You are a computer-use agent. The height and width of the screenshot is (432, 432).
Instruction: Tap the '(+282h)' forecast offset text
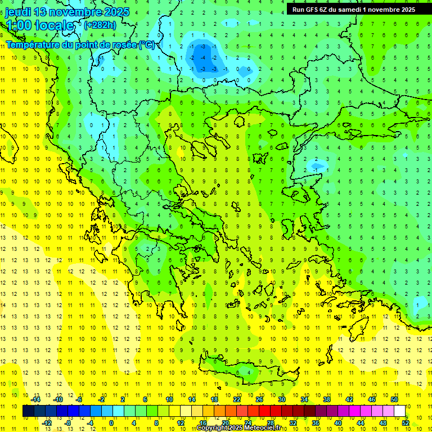[100, 25]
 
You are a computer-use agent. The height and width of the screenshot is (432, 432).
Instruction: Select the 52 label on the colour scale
[406, 423]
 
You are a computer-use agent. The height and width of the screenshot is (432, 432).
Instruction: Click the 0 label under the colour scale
[111, 423]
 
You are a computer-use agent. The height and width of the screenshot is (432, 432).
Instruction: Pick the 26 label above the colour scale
[259, 399]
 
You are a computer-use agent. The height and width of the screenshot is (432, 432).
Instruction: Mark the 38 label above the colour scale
[327, 399]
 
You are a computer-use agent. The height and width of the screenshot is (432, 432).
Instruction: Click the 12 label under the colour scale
[181, 423]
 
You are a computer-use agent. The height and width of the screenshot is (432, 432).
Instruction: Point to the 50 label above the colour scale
[394, 399]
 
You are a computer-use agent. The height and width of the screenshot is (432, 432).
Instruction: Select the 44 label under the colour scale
[361, 423]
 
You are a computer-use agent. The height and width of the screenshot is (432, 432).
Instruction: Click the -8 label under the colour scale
[68, 423]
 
